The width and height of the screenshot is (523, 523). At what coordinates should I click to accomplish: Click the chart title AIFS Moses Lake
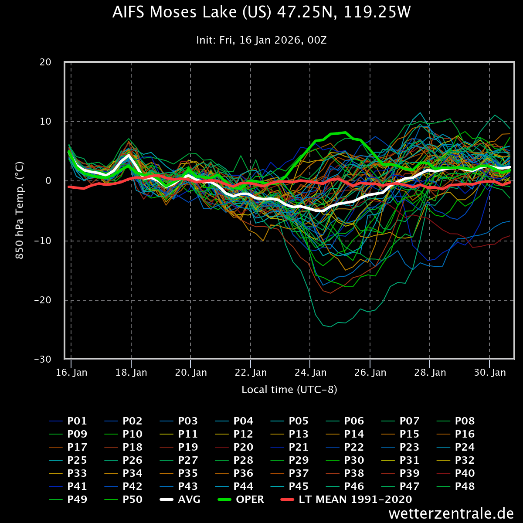point(261,13)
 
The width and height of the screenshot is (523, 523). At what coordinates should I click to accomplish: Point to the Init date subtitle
point(261,41)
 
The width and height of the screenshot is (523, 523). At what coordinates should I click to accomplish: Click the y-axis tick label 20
point(45,62)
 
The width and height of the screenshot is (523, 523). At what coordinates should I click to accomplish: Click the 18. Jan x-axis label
point(132,373)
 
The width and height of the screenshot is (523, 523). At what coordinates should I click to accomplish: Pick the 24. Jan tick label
point(311,373)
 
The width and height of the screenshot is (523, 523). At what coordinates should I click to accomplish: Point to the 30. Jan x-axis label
point(490,373)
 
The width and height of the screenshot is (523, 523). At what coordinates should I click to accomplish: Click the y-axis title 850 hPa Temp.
point(20,211)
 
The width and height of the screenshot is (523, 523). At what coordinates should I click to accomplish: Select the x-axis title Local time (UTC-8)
point(289,389)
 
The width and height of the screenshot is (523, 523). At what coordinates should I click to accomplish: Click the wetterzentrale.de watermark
point(451,513)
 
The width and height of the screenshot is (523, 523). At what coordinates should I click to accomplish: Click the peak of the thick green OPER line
point(345,132)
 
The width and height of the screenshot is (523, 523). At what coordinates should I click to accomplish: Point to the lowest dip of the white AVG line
point(323,211)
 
